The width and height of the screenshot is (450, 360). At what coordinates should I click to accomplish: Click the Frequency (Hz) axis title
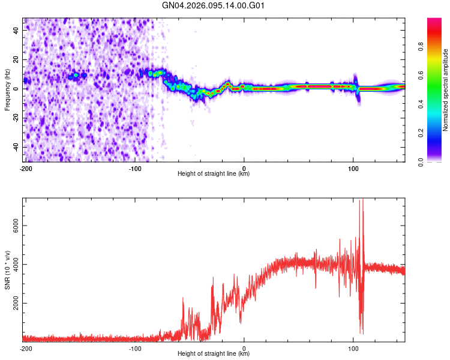click(7, 89)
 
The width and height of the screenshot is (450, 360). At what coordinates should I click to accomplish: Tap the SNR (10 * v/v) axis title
click(7, 270)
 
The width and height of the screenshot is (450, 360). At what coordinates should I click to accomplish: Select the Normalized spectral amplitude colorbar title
click(446, 90)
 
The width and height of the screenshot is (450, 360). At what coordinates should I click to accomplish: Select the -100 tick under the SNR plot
click(135, 349)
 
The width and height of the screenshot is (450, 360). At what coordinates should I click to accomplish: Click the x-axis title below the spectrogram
click(214, 174)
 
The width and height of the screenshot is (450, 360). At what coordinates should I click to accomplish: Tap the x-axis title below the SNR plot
click(214, 354)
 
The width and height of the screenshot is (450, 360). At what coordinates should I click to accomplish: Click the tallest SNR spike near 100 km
click(361, 202)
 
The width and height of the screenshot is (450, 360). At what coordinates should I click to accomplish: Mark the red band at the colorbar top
click(434, 24)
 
